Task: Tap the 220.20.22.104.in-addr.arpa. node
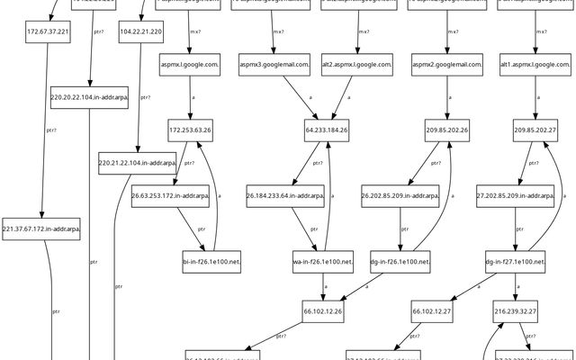[x=89, y=99]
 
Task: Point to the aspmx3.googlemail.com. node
[x=274, y=64]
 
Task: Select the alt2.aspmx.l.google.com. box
[x=357, y=64]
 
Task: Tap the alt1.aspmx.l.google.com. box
[x=536, y=64]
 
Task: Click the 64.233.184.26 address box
[x=328, y=130]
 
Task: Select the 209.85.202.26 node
[x=447, y=130]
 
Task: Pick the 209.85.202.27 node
[x=536, y=130]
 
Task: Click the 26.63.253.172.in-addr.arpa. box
[x=170, y=195]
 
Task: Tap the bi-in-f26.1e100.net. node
[x=212, y=262]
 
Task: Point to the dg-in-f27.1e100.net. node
[x=515, y=262]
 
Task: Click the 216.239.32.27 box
[x=515, y=310]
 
